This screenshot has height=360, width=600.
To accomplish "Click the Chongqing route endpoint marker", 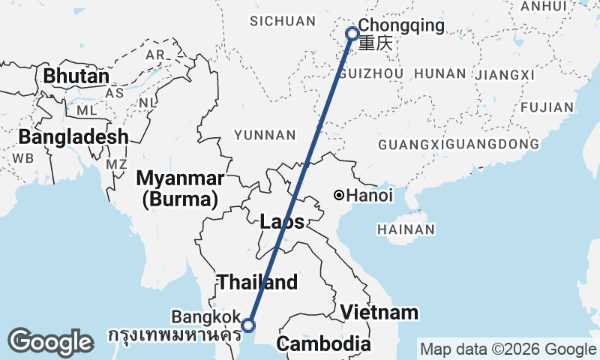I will click(352, 33).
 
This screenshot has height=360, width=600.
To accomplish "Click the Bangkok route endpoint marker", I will click(248, 325).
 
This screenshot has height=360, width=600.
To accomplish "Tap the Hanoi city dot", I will click(339, 196).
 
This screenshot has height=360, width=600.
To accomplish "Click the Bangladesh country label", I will click(73, 137).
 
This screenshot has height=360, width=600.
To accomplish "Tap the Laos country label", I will click(283, 222).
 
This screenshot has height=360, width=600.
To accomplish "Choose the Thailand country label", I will click(257, 283).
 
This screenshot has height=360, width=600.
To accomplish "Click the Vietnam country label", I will click(378, 312).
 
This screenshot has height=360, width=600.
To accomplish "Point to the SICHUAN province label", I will click(283, 21).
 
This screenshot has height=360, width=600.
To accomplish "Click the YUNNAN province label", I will click(265, 135).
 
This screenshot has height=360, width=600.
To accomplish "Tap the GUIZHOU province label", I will click(371, 73).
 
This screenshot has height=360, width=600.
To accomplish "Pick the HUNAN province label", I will click(440, 73).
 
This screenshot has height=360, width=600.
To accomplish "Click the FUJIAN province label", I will click(545, 107).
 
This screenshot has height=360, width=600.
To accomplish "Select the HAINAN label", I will click(406, 229).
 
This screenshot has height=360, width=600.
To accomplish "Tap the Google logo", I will click(50, 342).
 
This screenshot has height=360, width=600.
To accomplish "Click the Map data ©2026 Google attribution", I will click(508, 349).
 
